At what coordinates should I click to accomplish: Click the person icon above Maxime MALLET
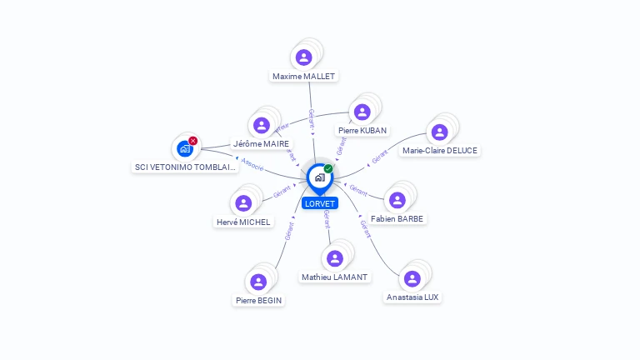(304, 57)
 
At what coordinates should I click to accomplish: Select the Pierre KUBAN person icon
(362, 112)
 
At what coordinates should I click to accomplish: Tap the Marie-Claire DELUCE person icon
(439, 132)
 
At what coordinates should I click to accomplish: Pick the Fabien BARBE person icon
(397, 200)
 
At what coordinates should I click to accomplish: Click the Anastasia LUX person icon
(412, 278)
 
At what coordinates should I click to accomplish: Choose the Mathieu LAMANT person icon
(335, 258)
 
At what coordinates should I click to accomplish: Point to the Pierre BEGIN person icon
(258, 282)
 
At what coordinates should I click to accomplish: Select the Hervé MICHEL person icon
(243, 203)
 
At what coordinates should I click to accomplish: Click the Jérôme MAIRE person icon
(262, 125)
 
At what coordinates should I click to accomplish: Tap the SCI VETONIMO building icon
(184, 149)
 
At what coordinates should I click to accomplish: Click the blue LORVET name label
(320, 203)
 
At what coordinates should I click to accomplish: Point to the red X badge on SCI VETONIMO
(193, 141)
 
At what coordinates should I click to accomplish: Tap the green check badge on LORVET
(328, 168)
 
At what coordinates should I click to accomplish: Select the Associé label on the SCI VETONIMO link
(252, 167)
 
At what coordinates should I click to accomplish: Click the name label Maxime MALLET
(304, 76)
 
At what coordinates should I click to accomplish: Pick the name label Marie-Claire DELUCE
(440, 151)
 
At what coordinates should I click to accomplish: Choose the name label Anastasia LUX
(412, 297)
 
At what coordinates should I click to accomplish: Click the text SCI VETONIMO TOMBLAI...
(186, 167)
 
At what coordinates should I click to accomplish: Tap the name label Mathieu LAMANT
(335, 277)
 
